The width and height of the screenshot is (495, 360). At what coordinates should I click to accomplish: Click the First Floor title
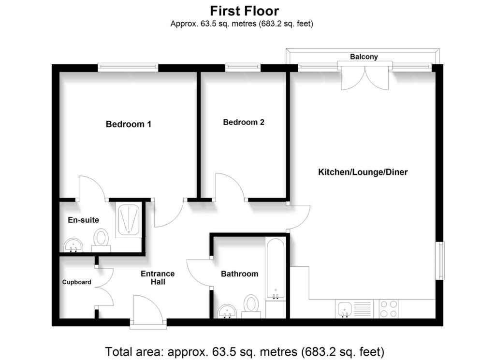coord(245,10)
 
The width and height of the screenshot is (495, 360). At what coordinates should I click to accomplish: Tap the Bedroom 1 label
coord(129,124)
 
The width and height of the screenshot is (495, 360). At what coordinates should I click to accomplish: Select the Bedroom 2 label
coord(244,122)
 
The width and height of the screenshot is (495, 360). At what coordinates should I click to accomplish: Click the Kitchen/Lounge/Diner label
coord(363,172)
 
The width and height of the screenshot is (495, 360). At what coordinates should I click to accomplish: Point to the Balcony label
coord(364,57)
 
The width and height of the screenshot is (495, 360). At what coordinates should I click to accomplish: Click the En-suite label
coord(83,220)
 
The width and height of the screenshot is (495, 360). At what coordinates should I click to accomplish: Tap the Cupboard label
coord(76,282)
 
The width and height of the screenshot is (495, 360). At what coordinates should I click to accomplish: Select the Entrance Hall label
coord(158,277)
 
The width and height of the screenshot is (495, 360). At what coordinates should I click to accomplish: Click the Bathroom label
coord(239,274)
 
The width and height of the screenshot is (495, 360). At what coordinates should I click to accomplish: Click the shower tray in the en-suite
coord(129,220)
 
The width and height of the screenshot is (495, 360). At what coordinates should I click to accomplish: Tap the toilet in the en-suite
coord(101,239)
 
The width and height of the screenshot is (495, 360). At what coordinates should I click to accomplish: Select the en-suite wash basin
coord(73,246)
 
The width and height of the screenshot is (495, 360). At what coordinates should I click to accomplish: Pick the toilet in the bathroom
coord(251,305)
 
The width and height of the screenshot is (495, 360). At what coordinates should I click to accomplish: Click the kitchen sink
coord(345,309)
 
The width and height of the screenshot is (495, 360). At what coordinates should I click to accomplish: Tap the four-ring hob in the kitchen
coord(389,309)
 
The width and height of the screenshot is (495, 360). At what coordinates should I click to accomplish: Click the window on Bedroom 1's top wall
coord(128,67)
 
